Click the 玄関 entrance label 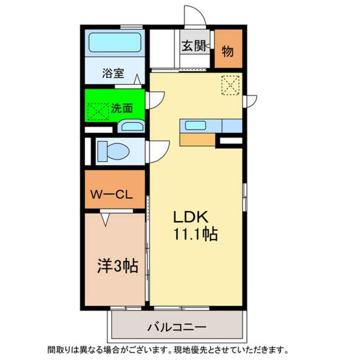tap(194, 46)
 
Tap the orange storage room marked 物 tap(228, 51)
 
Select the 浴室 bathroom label tap(113, 73)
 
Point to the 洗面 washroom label tap(122, 108)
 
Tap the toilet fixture tap(113, 151)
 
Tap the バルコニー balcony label tap(177, 327)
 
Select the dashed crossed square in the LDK tap(230, 85)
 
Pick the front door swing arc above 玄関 tap(195, 15)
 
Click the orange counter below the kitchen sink tap(197, 139)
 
